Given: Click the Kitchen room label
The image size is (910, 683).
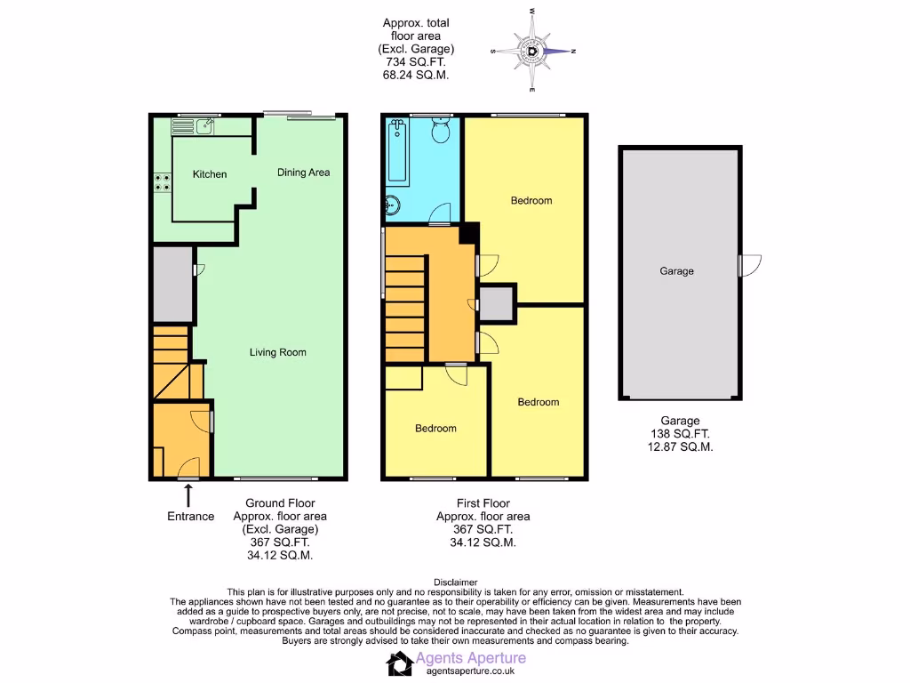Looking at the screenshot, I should (210, 174).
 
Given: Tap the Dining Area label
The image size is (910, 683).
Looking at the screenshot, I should (303, 173).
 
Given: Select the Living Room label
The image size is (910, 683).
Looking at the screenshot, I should (277, 352).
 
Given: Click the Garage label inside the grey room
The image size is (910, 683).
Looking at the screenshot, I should (676, 271).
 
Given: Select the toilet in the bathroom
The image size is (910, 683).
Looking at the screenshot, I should (438, 133).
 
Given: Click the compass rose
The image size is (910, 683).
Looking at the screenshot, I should (532, 52).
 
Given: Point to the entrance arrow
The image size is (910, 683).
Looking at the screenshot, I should (188, 494).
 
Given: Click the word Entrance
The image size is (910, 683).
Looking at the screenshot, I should (190, 517).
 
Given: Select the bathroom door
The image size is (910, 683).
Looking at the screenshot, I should (438, 214).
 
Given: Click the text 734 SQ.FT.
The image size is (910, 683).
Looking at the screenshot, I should (415, 62).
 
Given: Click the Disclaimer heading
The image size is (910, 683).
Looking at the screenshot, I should (454, 582).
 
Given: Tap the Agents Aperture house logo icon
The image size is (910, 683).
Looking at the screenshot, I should (399, 663).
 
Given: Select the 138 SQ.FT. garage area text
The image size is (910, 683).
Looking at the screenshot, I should (680, 435).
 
